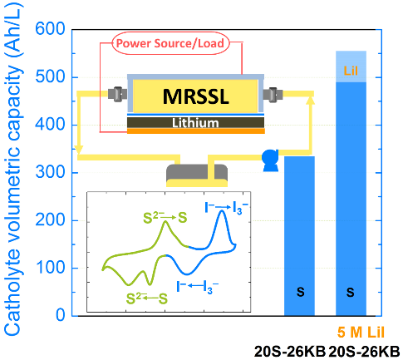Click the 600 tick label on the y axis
(50, 29)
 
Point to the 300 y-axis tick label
(50, 172)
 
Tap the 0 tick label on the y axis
(61, 315)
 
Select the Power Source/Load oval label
(170, 43)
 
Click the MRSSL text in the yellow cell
(195, 96)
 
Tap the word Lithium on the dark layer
(195, 123)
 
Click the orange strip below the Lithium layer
(196, 131)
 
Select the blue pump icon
(271, 160)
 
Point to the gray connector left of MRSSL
(117, 94)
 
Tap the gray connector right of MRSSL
(273, 94)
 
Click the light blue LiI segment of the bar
(351, 67)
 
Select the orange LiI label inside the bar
(351, 71)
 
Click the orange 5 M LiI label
(361, 332)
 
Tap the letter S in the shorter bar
(300, 292)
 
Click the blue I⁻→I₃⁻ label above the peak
(226, 208)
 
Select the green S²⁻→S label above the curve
(165, 218)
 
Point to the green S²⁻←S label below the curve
(147, 298)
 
